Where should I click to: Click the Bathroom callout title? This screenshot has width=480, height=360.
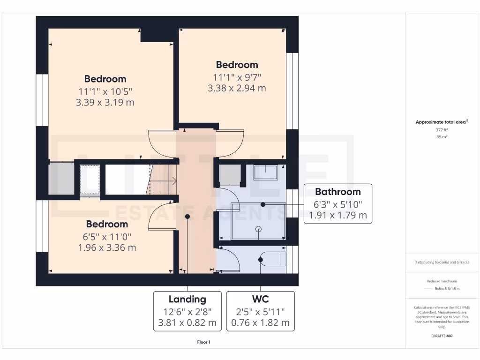click(337, 192)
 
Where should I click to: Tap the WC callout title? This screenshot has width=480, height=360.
click(260, 299)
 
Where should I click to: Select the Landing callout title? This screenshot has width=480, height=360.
click(187, 299)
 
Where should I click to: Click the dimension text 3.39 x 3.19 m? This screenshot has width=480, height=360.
click(105, 102)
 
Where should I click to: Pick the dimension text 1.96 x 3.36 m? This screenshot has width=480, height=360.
click(107, 247)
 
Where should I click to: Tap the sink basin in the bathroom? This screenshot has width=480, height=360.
click(265, 172)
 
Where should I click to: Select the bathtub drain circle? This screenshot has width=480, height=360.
click(258, 229)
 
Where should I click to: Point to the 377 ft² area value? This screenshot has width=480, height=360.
click(442, 130)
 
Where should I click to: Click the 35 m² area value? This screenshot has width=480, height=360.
click(442, 137)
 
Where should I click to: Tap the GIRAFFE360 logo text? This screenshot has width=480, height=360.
click(442, 336)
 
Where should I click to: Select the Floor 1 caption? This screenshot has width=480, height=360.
click(203, 342)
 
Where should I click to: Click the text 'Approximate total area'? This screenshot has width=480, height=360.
click(442, 122)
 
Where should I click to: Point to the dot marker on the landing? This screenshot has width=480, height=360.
click(187, 217)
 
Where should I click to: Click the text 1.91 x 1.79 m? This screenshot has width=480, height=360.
click(337, 216)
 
